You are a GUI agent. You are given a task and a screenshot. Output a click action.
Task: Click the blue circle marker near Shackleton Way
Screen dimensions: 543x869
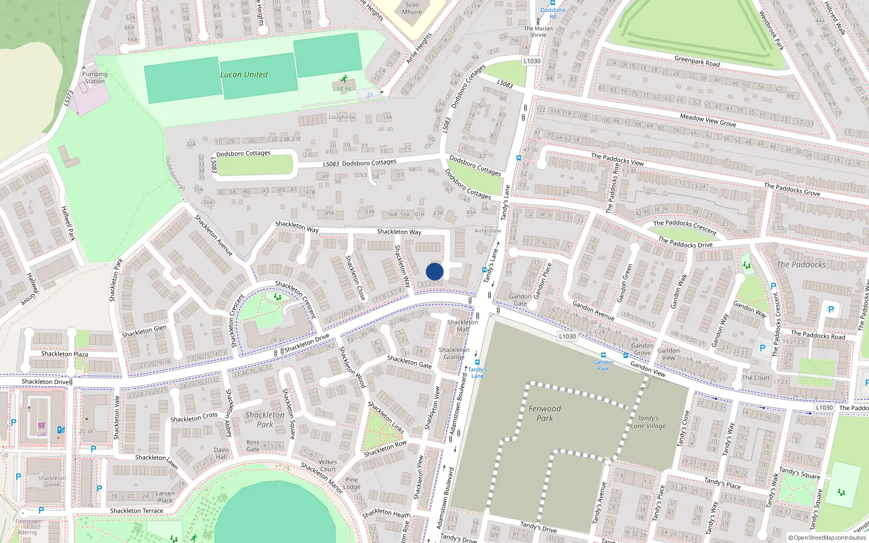pyautogui.click(x=434, y=271)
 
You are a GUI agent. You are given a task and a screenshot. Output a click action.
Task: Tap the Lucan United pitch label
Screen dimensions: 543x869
pyautogui.click(x=244, y=74)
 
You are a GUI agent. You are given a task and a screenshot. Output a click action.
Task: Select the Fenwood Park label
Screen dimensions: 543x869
pyautogui.click(x=545, y=413)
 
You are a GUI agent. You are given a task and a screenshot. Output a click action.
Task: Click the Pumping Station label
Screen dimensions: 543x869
pyautogui.click(x=95, y=78)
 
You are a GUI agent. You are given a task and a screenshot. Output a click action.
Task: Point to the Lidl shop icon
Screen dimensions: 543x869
pyautogui.click(x=42, y=426)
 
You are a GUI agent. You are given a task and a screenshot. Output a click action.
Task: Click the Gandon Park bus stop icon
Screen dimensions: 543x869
pyautogui.click(x=603, y=355)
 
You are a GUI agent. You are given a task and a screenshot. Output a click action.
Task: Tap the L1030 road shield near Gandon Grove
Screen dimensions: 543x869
pyautogui.click(x=568, y=336)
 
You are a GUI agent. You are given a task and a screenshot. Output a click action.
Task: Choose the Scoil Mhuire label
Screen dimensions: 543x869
pyautogui.click(x=412, y=8)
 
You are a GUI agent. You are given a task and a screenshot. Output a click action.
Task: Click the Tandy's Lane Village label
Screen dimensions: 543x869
pyautogui.click(x=648, y=422)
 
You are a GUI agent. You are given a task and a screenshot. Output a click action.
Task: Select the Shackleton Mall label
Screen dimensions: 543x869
pyautogui.click(x=463, y=325)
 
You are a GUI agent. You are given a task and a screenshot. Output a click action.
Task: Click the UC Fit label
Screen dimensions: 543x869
pyautogui.click(x=344, y=89)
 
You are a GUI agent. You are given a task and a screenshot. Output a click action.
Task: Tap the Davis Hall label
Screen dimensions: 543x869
pyautogui.click(x=222, y=453)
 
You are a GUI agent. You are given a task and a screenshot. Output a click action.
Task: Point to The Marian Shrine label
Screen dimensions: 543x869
pyautogui.click(x=538, y=31)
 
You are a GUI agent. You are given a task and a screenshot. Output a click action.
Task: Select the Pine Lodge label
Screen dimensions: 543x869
pyautogui.click(x=352, y=483)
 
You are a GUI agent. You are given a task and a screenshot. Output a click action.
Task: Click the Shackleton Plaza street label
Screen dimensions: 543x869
pyautogui.click(x=65, y=354)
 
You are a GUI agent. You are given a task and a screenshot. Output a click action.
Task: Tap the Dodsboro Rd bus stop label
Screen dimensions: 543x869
pyautogui.click(x=553, y=13)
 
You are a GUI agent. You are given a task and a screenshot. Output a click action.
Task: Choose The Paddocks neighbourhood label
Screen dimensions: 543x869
pyautogui.click(x=801, y=264)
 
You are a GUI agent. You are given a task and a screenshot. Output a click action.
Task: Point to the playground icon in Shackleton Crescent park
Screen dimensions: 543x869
pyautogui.click(x=278, y=296)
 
